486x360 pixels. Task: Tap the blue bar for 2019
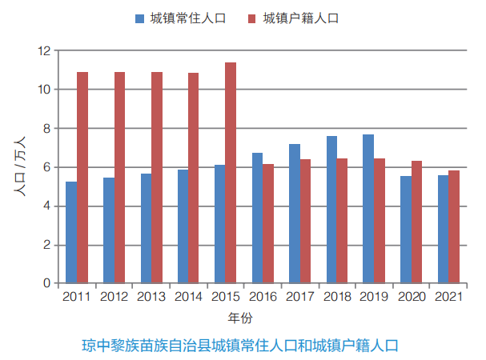[x=368, y=209]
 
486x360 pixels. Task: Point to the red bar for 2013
[x=157, y=178]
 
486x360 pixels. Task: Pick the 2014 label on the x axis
[x=188, y=297]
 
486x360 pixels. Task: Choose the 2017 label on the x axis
[x=299, y=297]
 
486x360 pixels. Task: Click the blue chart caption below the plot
[x=240, y=346]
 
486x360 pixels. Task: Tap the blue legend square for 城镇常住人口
[x=140, y=18]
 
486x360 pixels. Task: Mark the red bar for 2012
[x=119, y=178]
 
